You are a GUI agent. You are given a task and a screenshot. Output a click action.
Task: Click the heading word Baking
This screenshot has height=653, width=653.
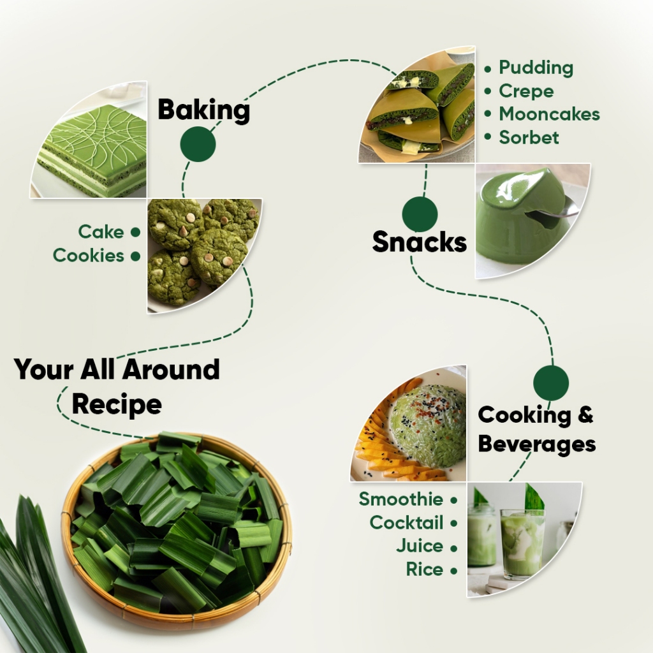[x=203, y=110]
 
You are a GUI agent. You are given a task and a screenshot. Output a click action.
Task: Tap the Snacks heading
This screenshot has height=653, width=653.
[x=420, y=242]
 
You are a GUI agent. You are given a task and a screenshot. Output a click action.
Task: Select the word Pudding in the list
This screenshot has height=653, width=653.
[x=536, y=68]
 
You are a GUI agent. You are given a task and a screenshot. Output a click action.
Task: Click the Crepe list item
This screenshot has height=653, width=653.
[x=526, y=91]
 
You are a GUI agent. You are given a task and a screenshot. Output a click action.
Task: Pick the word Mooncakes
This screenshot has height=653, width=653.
[x=549, y=114]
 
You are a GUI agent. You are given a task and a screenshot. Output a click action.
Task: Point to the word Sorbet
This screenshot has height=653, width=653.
[x=529, y=138]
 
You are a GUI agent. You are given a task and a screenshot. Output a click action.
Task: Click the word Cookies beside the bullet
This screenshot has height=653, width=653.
[x=88, y=255]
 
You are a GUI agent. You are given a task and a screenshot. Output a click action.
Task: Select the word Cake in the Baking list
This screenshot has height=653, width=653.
[x=101, y=231]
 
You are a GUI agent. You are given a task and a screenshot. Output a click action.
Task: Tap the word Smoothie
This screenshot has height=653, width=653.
[x=401, y=499]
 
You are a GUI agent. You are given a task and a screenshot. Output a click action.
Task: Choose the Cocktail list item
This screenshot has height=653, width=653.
[x=406, y=523]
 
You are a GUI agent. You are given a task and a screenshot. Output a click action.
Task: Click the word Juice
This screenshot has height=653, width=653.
[x=420, y=546]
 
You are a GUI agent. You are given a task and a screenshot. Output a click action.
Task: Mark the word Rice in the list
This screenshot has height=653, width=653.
[x=425, y=569]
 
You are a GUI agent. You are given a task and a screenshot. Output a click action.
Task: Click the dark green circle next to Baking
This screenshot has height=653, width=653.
[x=198, y=144]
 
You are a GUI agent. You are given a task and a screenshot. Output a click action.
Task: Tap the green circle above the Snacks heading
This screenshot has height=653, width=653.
[x=420, y=214]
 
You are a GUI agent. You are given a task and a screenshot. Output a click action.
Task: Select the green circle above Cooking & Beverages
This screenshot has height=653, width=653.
[x=551, y=383]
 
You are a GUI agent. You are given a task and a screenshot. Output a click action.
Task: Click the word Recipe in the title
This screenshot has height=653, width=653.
[x=117, y=404]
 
